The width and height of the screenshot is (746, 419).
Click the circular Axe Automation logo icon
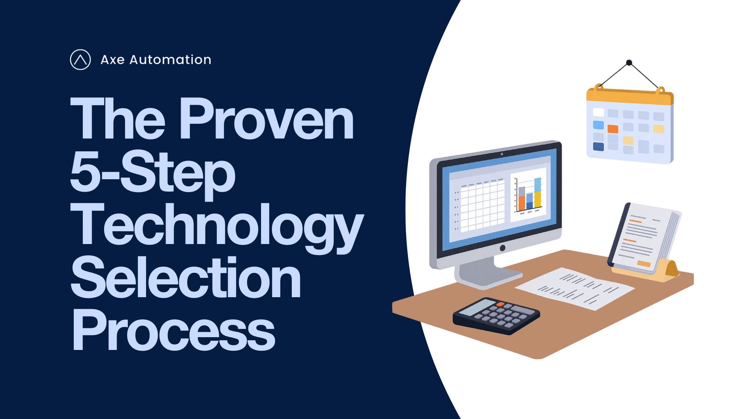click(80, 60)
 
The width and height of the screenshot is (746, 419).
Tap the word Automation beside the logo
click(170, 60)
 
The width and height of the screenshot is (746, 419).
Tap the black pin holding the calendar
click(629, 62)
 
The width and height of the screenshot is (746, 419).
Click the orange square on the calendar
click(613, 129)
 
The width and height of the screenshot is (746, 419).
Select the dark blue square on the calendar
click(598, 147)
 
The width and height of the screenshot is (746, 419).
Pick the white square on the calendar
click(598, 113)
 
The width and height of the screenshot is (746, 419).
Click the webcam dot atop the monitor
click(502, 154)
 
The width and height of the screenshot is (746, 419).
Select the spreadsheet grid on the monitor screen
click(480, 205)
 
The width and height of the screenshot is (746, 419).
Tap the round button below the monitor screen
click(502, 248)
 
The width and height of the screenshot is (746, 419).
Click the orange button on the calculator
click(500, 304)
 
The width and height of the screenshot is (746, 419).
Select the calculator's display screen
click(477, 308)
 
